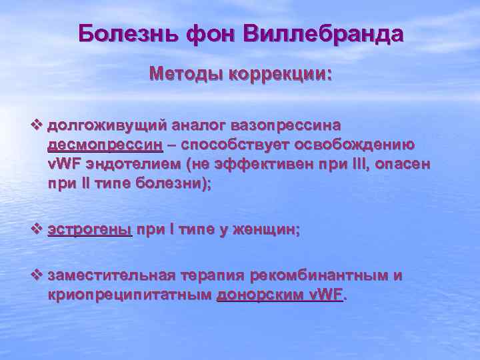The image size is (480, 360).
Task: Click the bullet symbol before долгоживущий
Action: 37,125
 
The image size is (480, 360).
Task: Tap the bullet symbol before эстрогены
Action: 37,229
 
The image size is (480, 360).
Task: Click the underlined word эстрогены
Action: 90,230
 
